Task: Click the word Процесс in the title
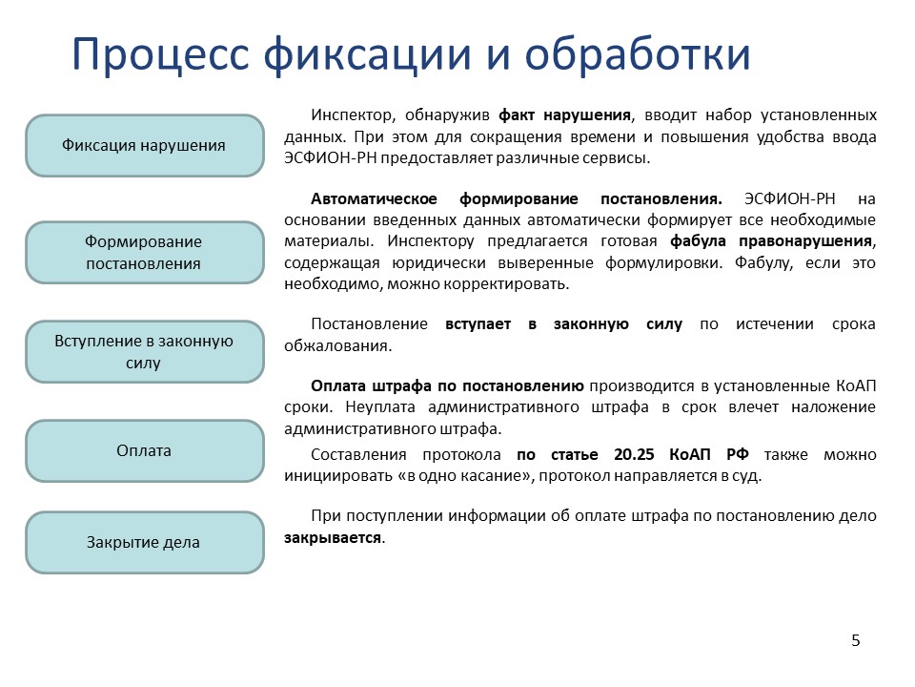tap(160, 55)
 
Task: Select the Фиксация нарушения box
tap(145, 145)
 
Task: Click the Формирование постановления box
tap(145, 252)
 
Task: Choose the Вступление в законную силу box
tap(145, 352)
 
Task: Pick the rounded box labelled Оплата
tap(145, 451)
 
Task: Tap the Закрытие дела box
tap(145, 543)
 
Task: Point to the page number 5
tap(856, 641)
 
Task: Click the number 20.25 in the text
tap(634, 454)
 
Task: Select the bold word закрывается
tap(333, 538)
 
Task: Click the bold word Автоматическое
tap(374, 199)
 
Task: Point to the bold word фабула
tap(698, 241)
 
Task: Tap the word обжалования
tap(336, 345)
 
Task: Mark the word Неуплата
tap(380, 407)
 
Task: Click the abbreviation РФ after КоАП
tap(738, 454)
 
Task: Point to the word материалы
tap(327, 241)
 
